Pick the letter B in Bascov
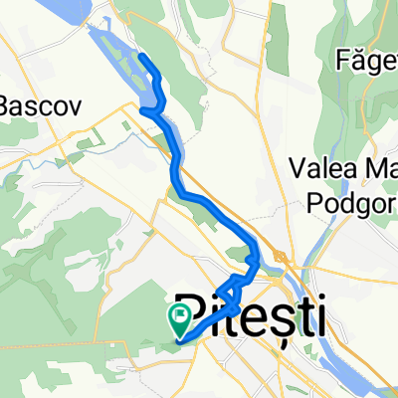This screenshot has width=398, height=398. click(6, 103)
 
